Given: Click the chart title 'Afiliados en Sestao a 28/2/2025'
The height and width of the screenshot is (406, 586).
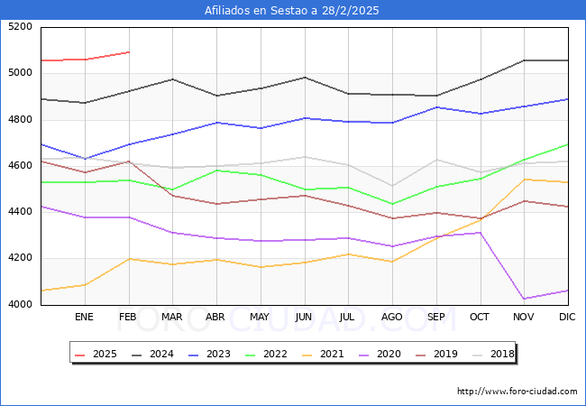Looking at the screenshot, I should click(x=292, y=10).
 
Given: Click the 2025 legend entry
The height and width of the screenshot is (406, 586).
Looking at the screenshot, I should click(x=96, y=354).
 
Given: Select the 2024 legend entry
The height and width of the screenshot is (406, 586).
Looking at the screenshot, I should click(x=154, y=354).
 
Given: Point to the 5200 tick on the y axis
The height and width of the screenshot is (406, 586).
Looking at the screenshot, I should click(x=21, y=27).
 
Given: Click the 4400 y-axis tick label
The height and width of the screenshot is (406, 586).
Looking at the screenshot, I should click(x=21, y=212).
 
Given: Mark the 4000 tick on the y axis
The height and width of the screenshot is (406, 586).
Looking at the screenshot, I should click(x=21, y=305).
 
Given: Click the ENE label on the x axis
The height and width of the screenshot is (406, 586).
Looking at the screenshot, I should click(x=84, y=318).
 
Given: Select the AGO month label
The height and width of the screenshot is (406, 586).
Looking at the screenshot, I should click(x=392, y=318).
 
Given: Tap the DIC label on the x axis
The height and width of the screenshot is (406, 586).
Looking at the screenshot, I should click(x=567, y=318).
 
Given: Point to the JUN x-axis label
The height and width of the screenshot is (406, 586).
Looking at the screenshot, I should click(x=304, y=318).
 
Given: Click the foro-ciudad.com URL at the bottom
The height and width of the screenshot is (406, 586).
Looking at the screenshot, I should click(x=517, y=392).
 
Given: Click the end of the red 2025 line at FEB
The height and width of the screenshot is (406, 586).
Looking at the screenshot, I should click(x=129, y=52).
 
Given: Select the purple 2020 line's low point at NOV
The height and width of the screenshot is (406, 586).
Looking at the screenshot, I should click(x=524, y=299).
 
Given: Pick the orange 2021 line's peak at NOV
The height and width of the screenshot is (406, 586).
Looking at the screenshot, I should click(x=524, y=180).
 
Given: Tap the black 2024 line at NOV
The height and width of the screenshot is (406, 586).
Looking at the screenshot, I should click(x=524, y=60).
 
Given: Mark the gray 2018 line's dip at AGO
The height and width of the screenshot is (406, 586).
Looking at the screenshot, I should click(x=392, y=186).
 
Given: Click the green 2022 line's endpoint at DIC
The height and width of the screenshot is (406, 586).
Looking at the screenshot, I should click(x=568, y=144).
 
